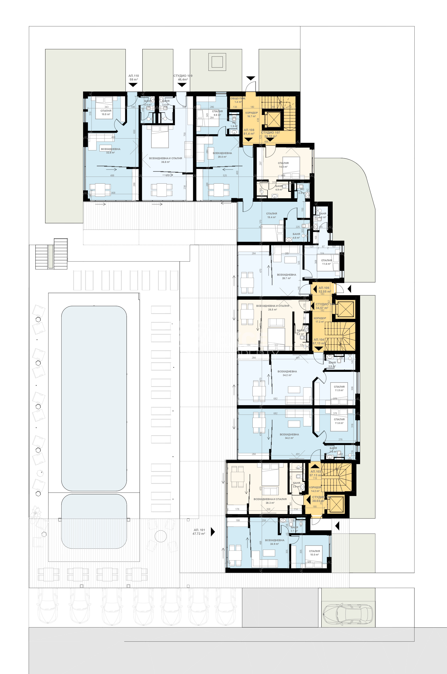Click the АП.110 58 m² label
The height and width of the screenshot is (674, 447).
[x=134, y=78]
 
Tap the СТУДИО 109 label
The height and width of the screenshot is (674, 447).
[x=183, y=78]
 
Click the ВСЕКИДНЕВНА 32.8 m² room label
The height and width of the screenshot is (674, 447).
[x=111, y=151]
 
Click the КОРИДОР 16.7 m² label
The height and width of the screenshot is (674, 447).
[x=251, y=114]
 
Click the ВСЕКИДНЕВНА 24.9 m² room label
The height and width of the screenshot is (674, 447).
[x=274, y=542]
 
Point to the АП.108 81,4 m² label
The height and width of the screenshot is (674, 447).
[x=249, y=132]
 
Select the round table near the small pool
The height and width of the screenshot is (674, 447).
[x=161, y=536]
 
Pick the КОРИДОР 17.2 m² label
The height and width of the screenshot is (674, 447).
[x=320, y=320]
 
